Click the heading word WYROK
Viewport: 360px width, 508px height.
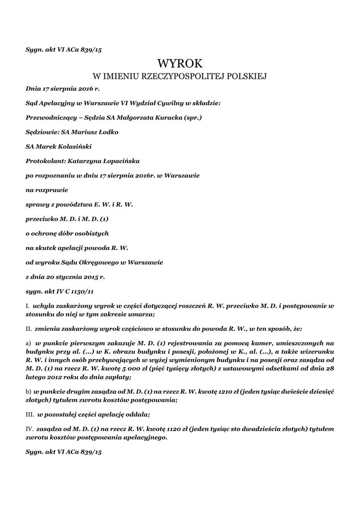click(180, 63)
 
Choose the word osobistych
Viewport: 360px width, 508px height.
click(90, 233)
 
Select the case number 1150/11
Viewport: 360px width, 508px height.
click(80, 291)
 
